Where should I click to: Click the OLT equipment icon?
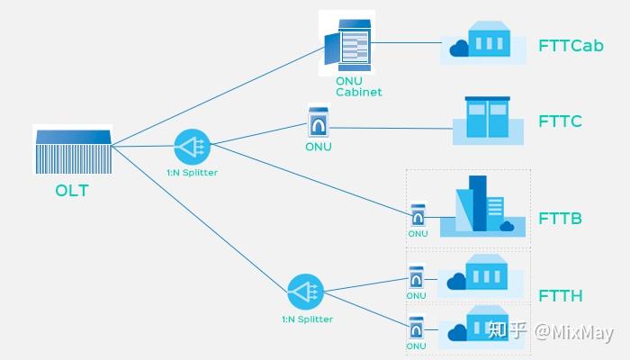coord(73,150)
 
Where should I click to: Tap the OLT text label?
coord(73,191)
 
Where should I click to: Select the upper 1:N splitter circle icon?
coord(191,146)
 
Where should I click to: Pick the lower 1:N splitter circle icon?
coord(305,292)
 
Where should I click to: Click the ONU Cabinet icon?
coord(347,43)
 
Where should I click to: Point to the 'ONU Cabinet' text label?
coord(358,86)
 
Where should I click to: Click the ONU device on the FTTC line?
coord(318,121)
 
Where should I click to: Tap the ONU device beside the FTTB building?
coord(418,216)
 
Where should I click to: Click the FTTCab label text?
coord(571,46)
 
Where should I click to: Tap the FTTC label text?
coord(560,121)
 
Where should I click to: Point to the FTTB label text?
coord(560,219)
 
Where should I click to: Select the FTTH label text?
coord(560,296)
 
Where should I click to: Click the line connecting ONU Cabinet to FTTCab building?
coord(407,42)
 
